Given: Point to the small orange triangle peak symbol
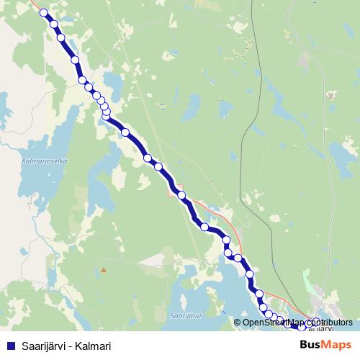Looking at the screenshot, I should (x=104, y=270).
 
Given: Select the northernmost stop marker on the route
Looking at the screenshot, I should (x=43, y=13).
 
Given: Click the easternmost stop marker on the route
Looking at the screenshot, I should (x=316, y=323).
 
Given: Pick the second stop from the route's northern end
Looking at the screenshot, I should (x=53, y=24).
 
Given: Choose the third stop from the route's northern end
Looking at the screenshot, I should (x=60, y=37).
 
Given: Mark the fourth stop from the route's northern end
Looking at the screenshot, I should (x=75, y=59).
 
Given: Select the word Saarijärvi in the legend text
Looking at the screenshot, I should (x=44, y=346).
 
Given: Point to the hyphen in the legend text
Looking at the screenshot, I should (x=72, y=346).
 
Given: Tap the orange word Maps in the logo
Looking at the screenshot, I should (x=337, y=345).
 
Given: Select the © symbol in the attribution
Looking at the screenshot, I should (x=238, y=323).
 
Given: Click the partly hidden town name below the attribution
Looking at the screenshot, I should (x=323, y=329).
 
